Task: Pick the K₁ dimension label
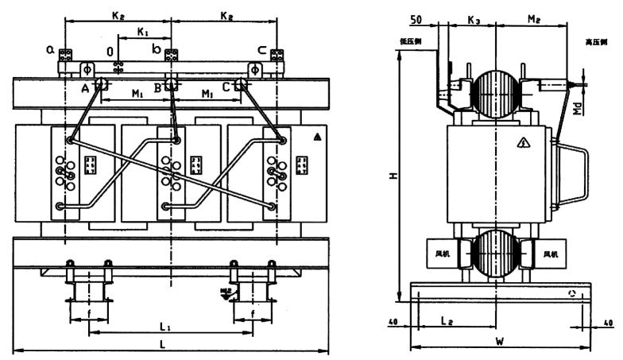tap(143, 32)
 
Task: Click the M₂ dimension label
tap(535, 17)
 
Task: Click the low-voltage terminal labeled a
tap(49, 49)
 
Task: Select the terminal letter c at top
tap(261, 49)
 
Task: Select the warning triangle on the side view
tap(524, 142)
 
